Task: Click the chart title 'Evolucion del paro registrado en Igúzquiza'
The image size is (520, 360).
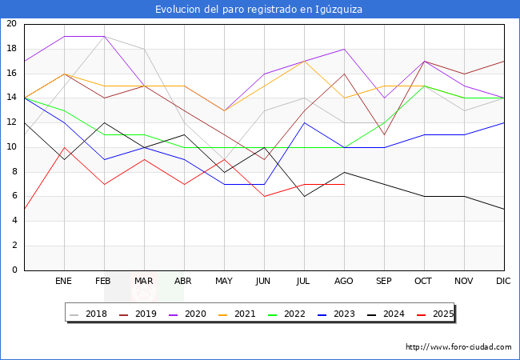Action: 259,10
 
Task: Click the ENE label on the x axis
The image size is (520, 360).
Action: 64,282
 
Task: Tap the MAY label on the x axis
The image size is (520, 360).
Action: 224,282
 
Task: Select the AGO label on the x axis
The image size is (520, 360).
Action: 344,282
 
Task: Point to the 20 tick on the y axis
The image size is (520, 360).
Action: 11,24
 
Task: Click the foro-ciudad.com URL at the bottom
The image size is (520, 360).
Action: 458,347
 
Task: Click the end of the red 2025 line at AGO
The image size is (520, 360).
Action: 344,184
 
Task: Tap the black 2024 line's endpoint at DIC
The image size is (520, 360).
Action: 504,209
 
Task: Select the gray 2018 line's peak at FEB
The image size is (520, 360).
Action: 104,37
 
